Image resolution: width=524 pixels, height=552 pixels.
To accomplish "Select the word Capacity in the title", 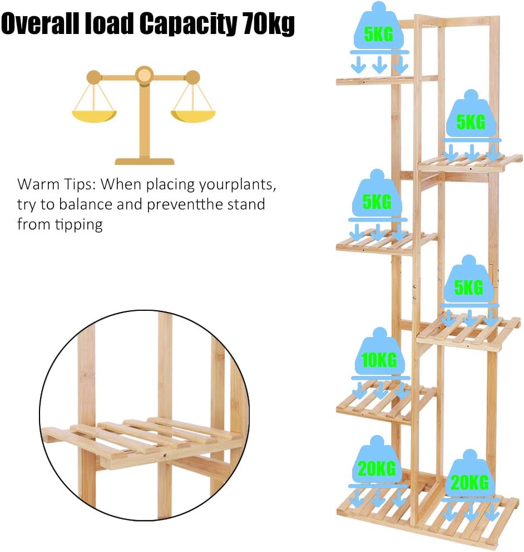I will tap(187, 25).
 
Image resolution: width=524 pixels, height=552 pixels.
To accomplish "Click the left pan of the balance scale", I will tap(93, 116).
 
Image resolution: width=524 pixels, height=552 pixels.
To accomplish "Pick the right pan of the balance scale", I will tap(192, 116).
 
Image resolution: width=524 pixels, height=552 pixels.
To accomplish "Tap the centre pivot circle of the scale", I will tap(144, 74).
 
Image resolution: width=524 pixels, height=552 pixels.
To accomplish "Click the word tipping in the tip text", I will tap(82, 225).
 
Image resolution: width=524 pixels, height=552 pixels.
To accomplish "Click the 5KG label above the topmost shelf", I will tap(378, 35).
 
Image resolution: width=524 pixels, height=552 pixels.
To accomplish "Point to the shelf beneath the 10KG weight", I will tap(384, 404).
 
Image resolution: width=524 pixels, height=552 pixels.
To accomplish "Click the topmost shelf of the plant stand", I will tap(384, 81).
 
